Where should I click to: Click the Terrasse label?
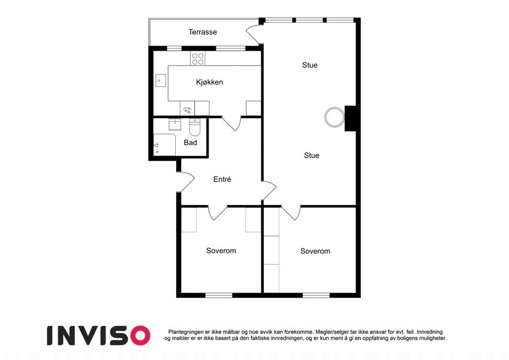203,32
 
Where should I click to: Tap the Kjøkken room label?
209,82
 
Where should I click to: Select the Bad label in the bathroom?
190,142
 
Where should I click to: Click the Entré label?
222,179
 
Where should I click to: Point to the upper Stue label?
310,65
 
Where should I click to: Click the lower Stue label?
312,155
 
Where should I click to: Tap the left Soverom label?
221,251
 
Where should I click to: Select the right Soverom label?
315,251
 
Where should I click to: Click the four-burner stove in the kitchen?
198,59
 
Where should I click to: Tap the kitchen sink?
161,80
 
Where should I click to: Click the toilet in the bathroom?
195,127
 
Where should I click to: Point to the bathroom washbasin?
174,125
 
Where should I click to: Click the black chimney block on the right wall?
351,119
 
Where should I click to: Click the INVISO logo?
99,335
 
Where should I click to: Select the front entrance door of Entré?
185,182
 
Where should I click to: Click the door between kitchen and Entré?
231,124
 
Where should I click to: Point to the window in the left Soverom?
219,295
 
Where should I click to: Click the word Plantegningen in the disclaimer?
186,332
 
